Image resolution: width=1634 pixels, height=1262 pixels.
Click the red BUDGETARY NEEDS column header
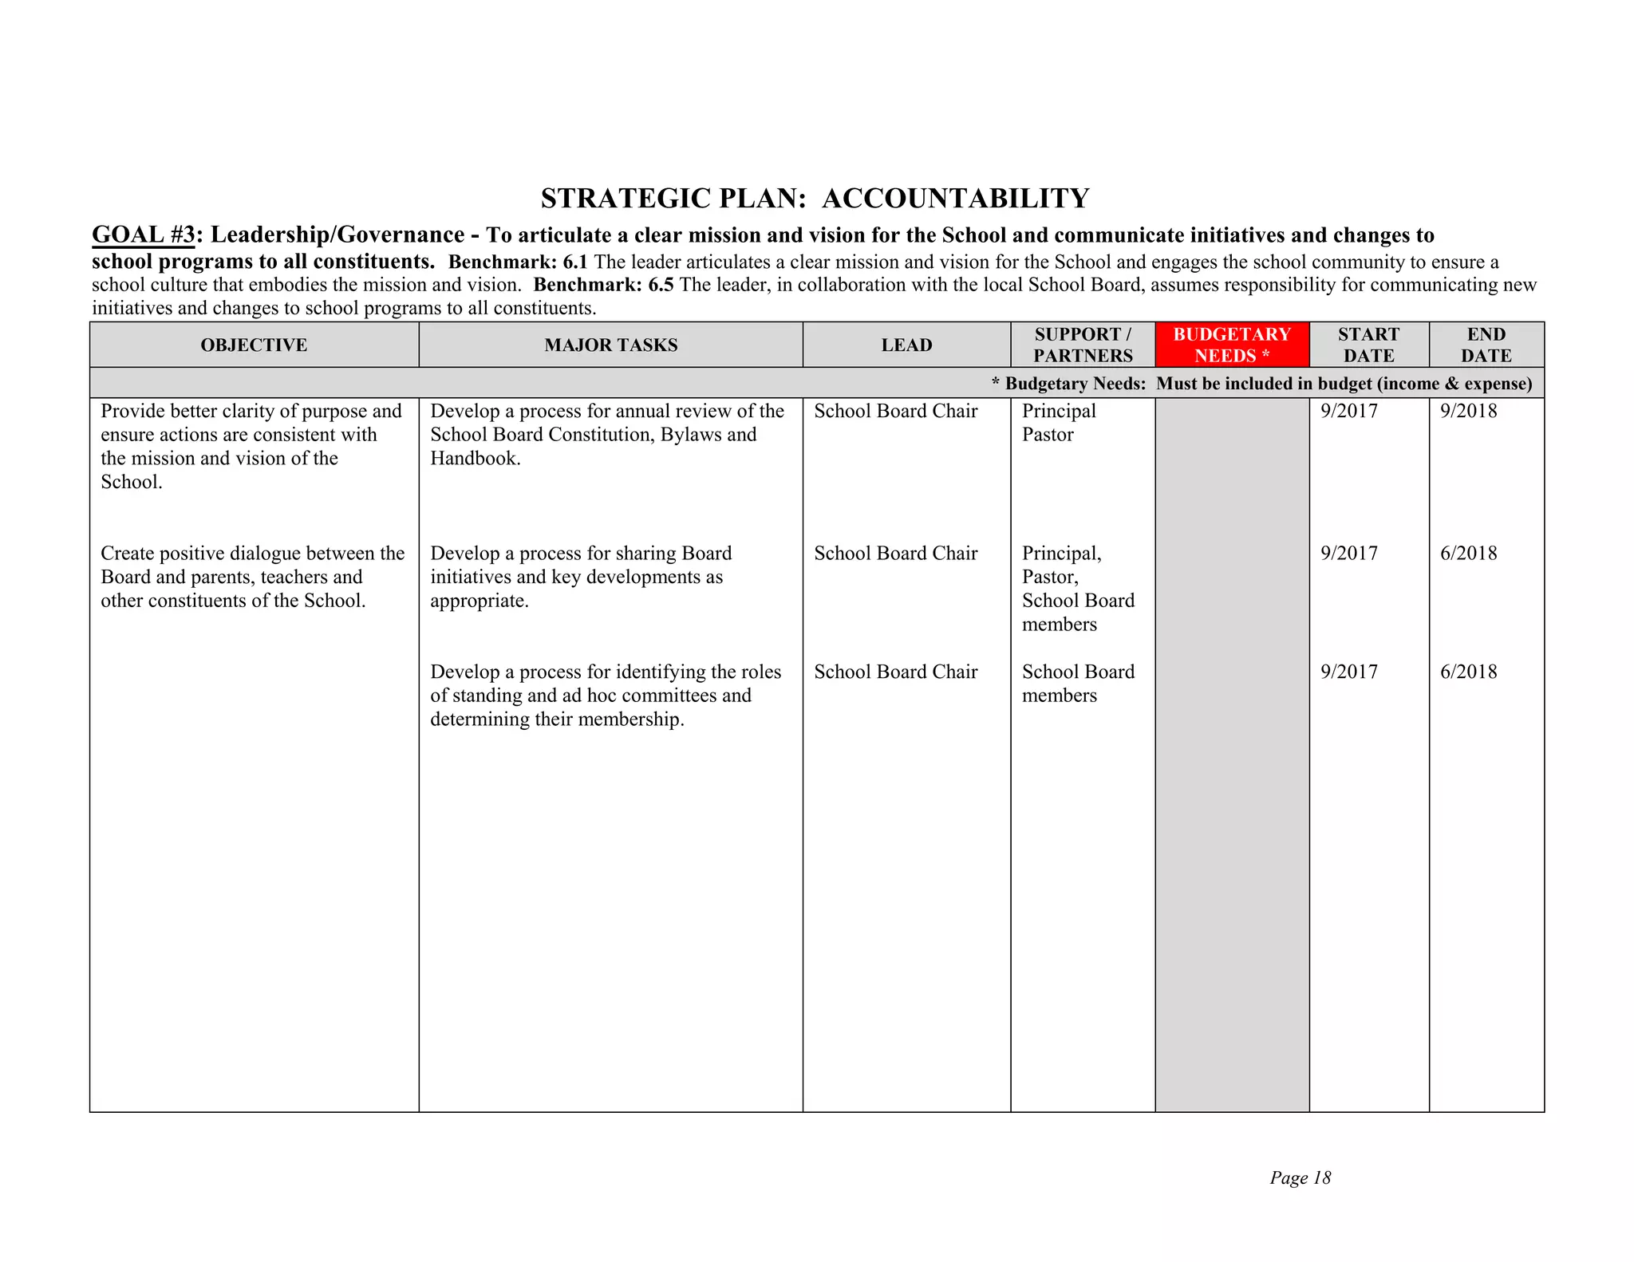pos(1231,345)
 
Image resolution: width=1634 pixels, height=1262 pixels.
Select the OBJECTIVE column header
pos(254,345)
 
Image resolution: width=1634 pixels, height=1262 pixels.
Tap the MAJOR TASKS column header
pos(610,345)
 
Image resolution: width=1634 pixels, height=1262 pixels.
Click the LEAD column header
pos(906,345)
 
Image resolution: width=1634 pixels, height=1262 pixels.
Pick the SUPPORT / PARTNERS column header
pos(1083,345)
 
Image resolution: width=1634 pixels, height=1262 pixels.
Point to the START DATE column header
pos(1368,345)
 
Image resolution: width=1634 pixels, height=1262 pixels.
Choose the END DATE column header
pos(1486,345)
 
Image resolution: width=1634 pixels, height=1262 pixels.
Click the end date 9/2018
pos(1468,411)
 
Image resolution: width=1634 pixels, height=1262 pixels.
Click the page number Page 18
pos(1300,1177)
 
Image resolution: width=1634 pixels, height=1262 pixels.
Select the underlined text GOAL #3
pos(144,235)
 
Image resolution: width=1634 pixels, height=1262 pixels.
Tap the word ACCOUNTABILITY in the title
pos(955,199)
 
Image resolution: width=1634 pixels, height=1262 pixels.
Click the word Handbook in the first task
pos(474,459)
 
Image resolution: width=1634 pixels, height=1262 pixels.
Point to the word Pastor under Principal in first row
pos(1048,435)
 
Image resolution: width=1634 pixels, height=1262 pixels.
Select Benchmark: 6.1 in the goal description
pos(518,262)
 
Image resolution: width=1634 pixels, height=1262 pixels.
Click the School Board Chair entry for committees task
pos(895,672)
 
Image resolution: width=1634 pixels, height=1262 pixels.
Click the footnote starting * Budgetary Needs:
pos(1261,384)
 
